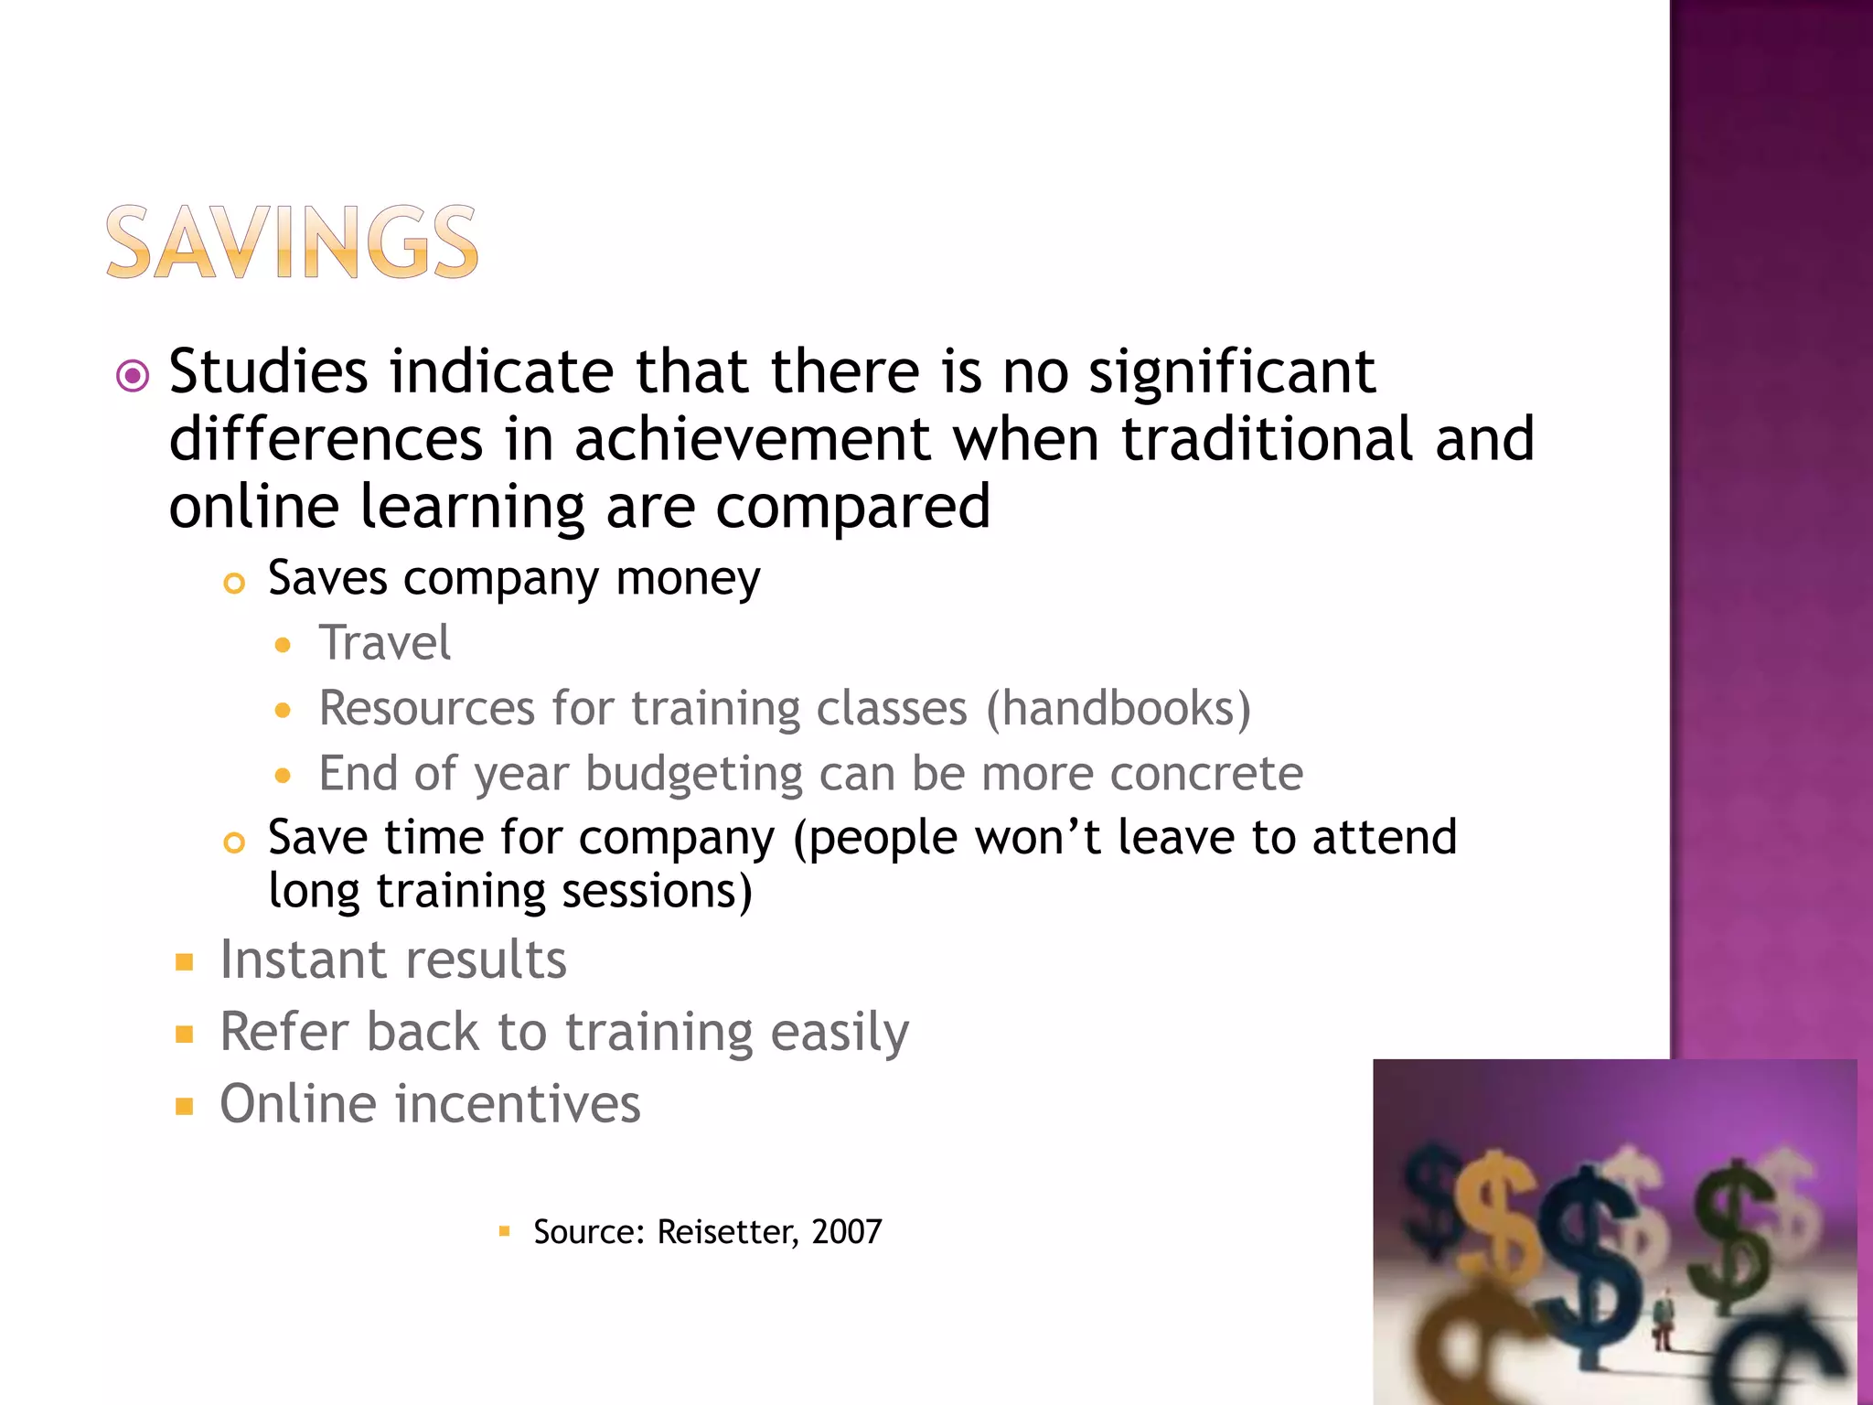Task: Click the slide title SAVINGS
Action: coord(292,241)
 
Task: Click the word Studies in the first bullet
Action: coord(268,372)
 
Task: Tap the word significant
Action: coord(1231,372)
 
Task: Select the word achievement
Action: coord(752,440)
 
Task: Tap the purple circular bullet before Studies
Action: coord(134,375)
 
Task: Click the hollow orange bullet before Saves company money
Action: coord(234,583)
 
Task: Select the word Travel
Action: coord(384,642)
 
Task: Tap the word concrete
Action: coord(1206,774)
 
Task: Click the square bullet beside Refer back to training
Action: coord(185,1035)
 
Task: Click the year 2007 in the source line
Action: coord(847,1232)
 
